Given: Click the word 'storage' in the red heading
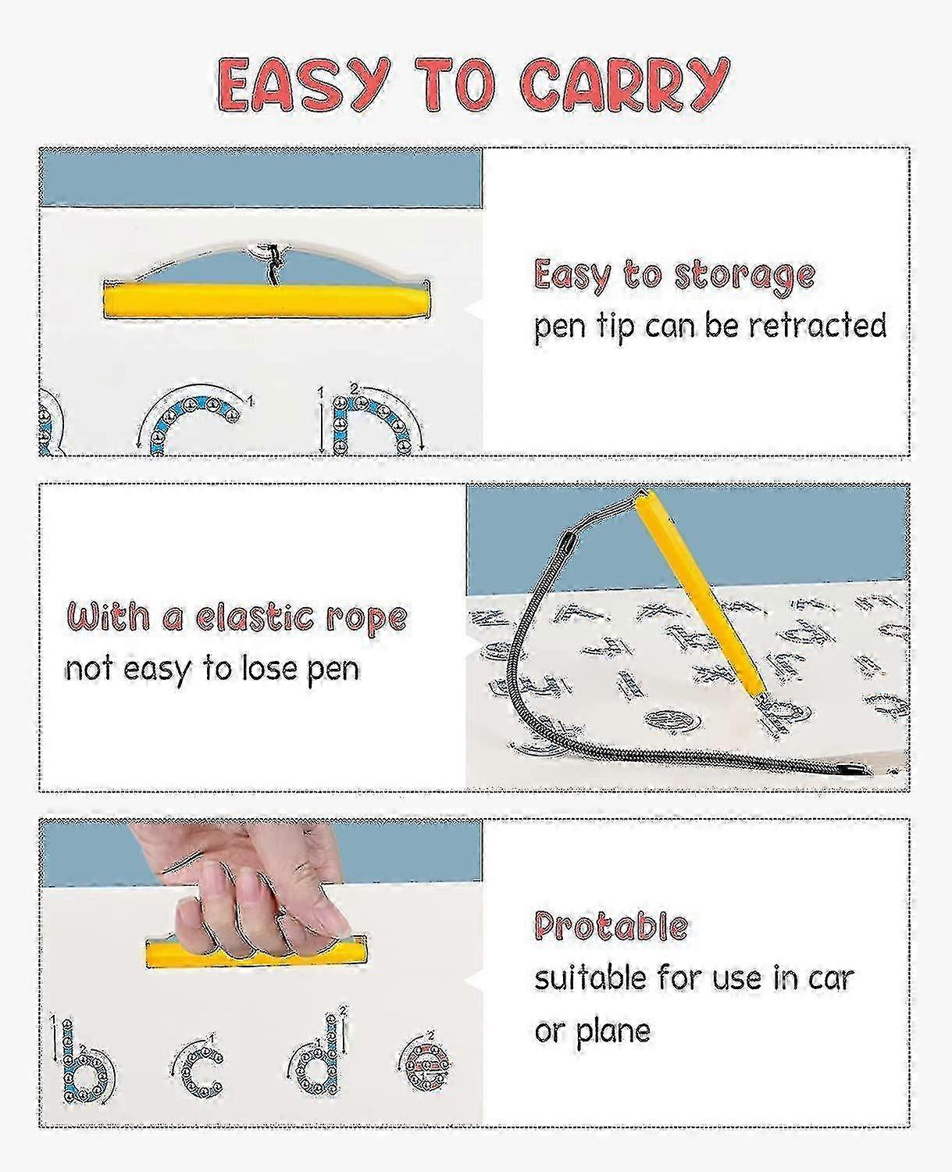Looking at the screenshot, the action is [x=745, y=277].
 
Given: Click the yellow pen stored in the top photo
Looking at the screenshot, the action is [x=266, y=301].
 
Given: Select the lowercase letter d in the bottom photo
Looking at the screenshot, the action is [x=317, y=1059].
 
